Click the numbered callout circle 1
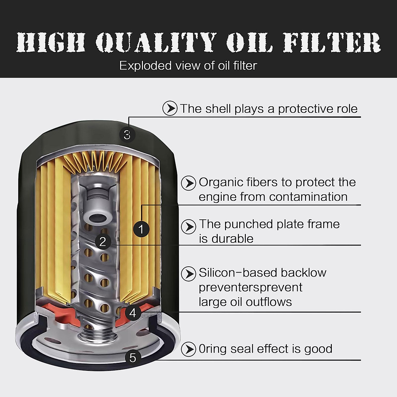[141, 229]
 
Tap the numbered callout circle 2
[103, 242]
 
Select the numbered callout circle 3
[127, 134]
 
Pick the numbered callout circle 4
[133, 313]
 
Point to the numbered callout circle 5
[133, 358]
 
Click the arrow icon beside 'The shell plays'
[170, 109]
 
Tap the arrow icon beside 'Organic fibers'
[189, 183]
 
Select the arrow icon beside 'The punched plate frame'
[189, 227]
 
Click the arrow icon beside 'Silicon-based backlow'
[189, 274]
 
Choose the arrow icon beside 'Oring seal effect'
[189, 349]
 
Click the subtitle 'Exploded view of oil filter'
[188, 66]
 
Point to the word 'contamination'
[308, 197]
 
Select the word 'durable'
[232, 239]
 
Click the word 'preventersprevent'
[250, 287]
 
